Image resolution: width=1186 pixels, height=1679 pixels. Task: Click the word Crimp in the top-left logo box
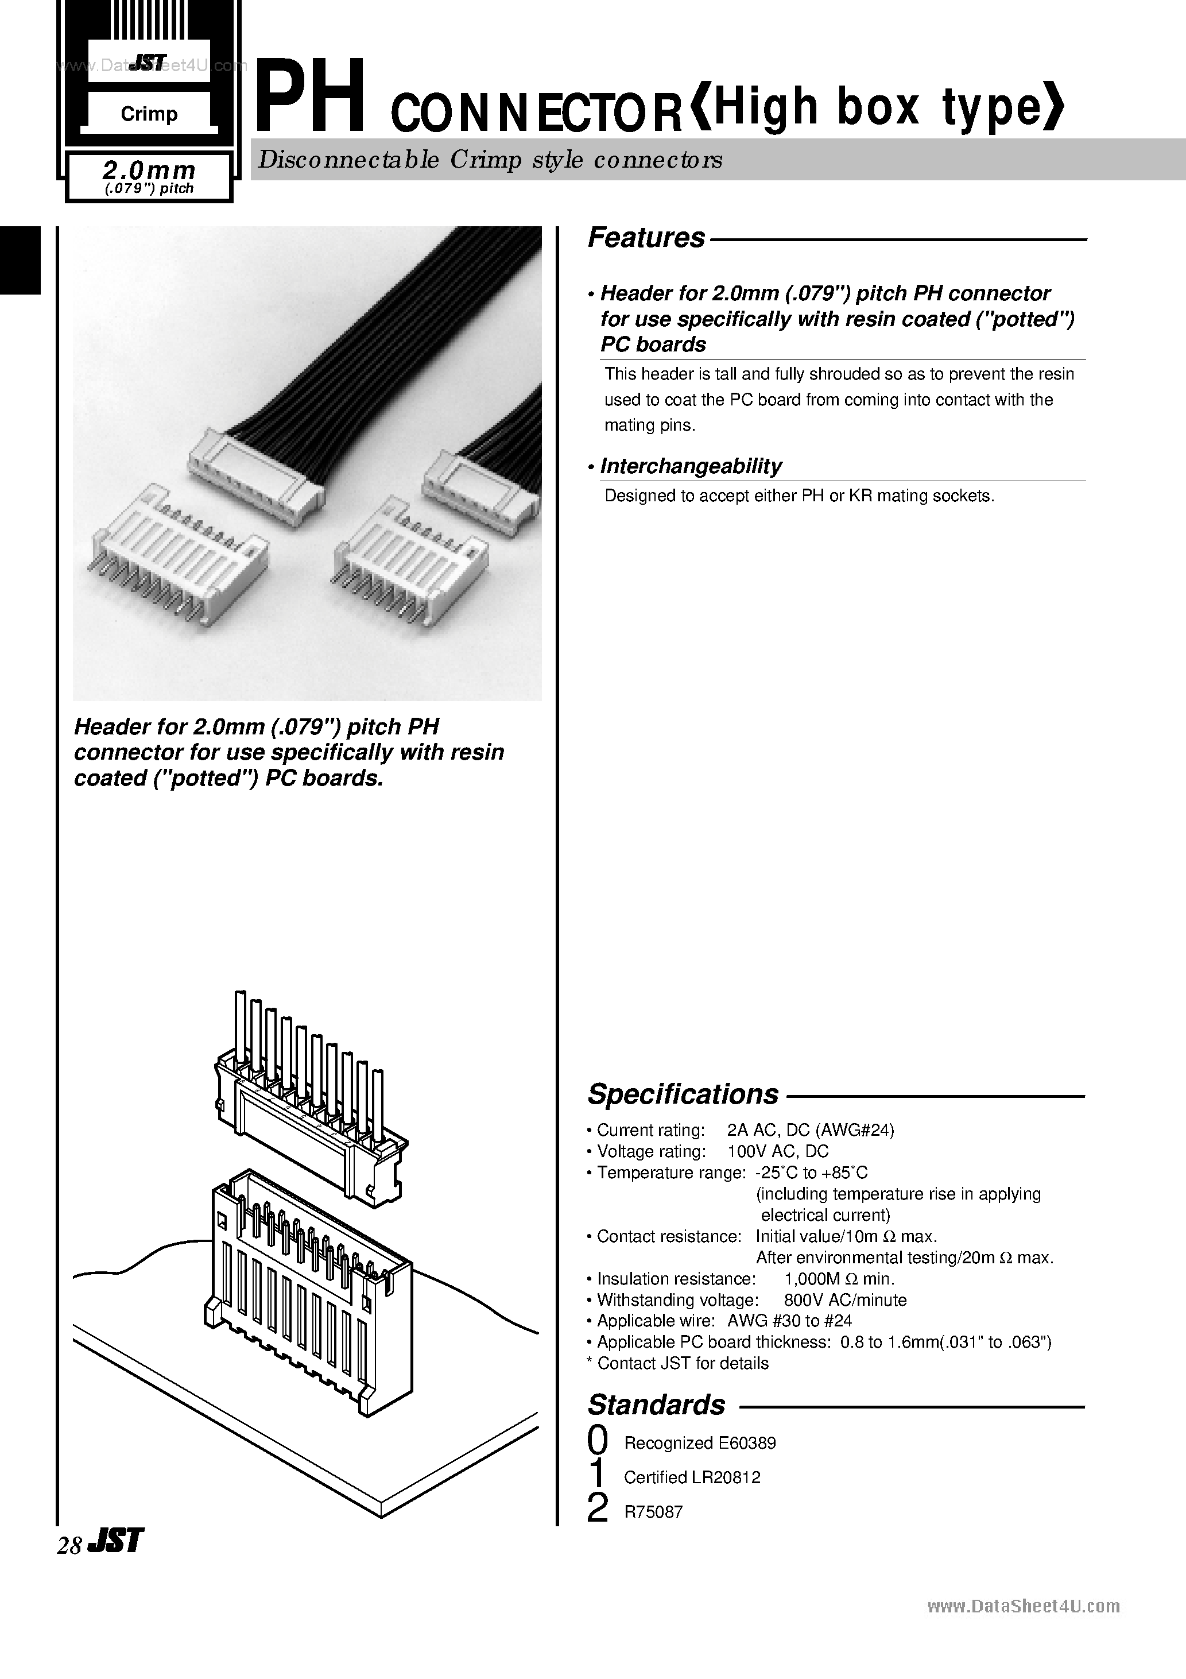click(149, 114)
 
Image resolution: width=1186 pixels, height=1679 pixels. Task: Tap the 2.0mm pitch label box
click(149, 177)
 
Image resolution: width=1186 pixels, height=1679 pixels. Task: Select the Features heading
click(646, 238)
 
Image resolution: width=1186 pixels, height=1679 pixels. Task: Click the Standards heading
click(656, 1405)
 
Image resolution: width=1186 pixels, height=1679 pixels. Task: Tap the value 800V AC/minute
click(844, 1300)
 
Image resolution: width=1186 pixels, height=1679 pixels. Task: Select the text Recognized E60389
click(699, 1443)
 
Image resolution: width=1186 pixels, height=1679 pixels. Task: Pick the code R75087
click(653, 1511)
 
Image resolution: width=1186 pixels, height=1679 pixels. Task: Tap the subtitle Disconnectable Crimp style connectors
click(490, 160)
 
